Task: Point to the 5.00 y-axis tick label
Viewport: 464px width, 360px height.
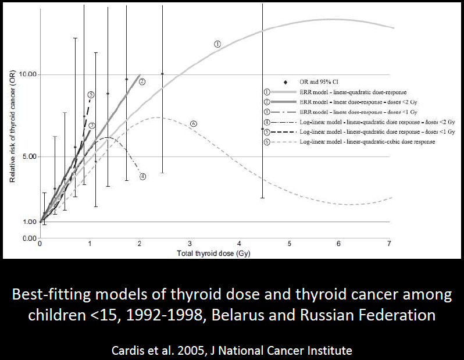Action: pos(28,156)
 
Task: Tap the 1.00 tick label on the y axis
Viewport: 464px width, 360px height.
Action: pos(28,222)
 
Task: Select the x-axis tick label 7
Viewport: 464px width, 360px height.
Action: pos(389,244)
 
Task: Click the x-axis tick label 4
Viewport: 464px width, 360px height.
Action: pos(239,244)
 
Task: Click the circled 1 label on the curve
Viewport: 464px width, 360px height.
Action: pos(217,44)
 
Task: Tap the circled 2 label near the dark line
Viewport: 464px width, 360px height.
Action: pos(142,81)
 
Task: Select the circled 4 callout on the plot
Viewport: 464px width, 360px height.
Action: pos(142,176)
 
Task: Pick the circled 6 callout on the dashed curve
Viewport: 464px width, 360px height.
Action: pos(194,123)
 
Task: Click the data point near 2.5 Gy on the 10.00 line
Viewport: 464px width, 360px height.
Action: pos(162,74)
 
